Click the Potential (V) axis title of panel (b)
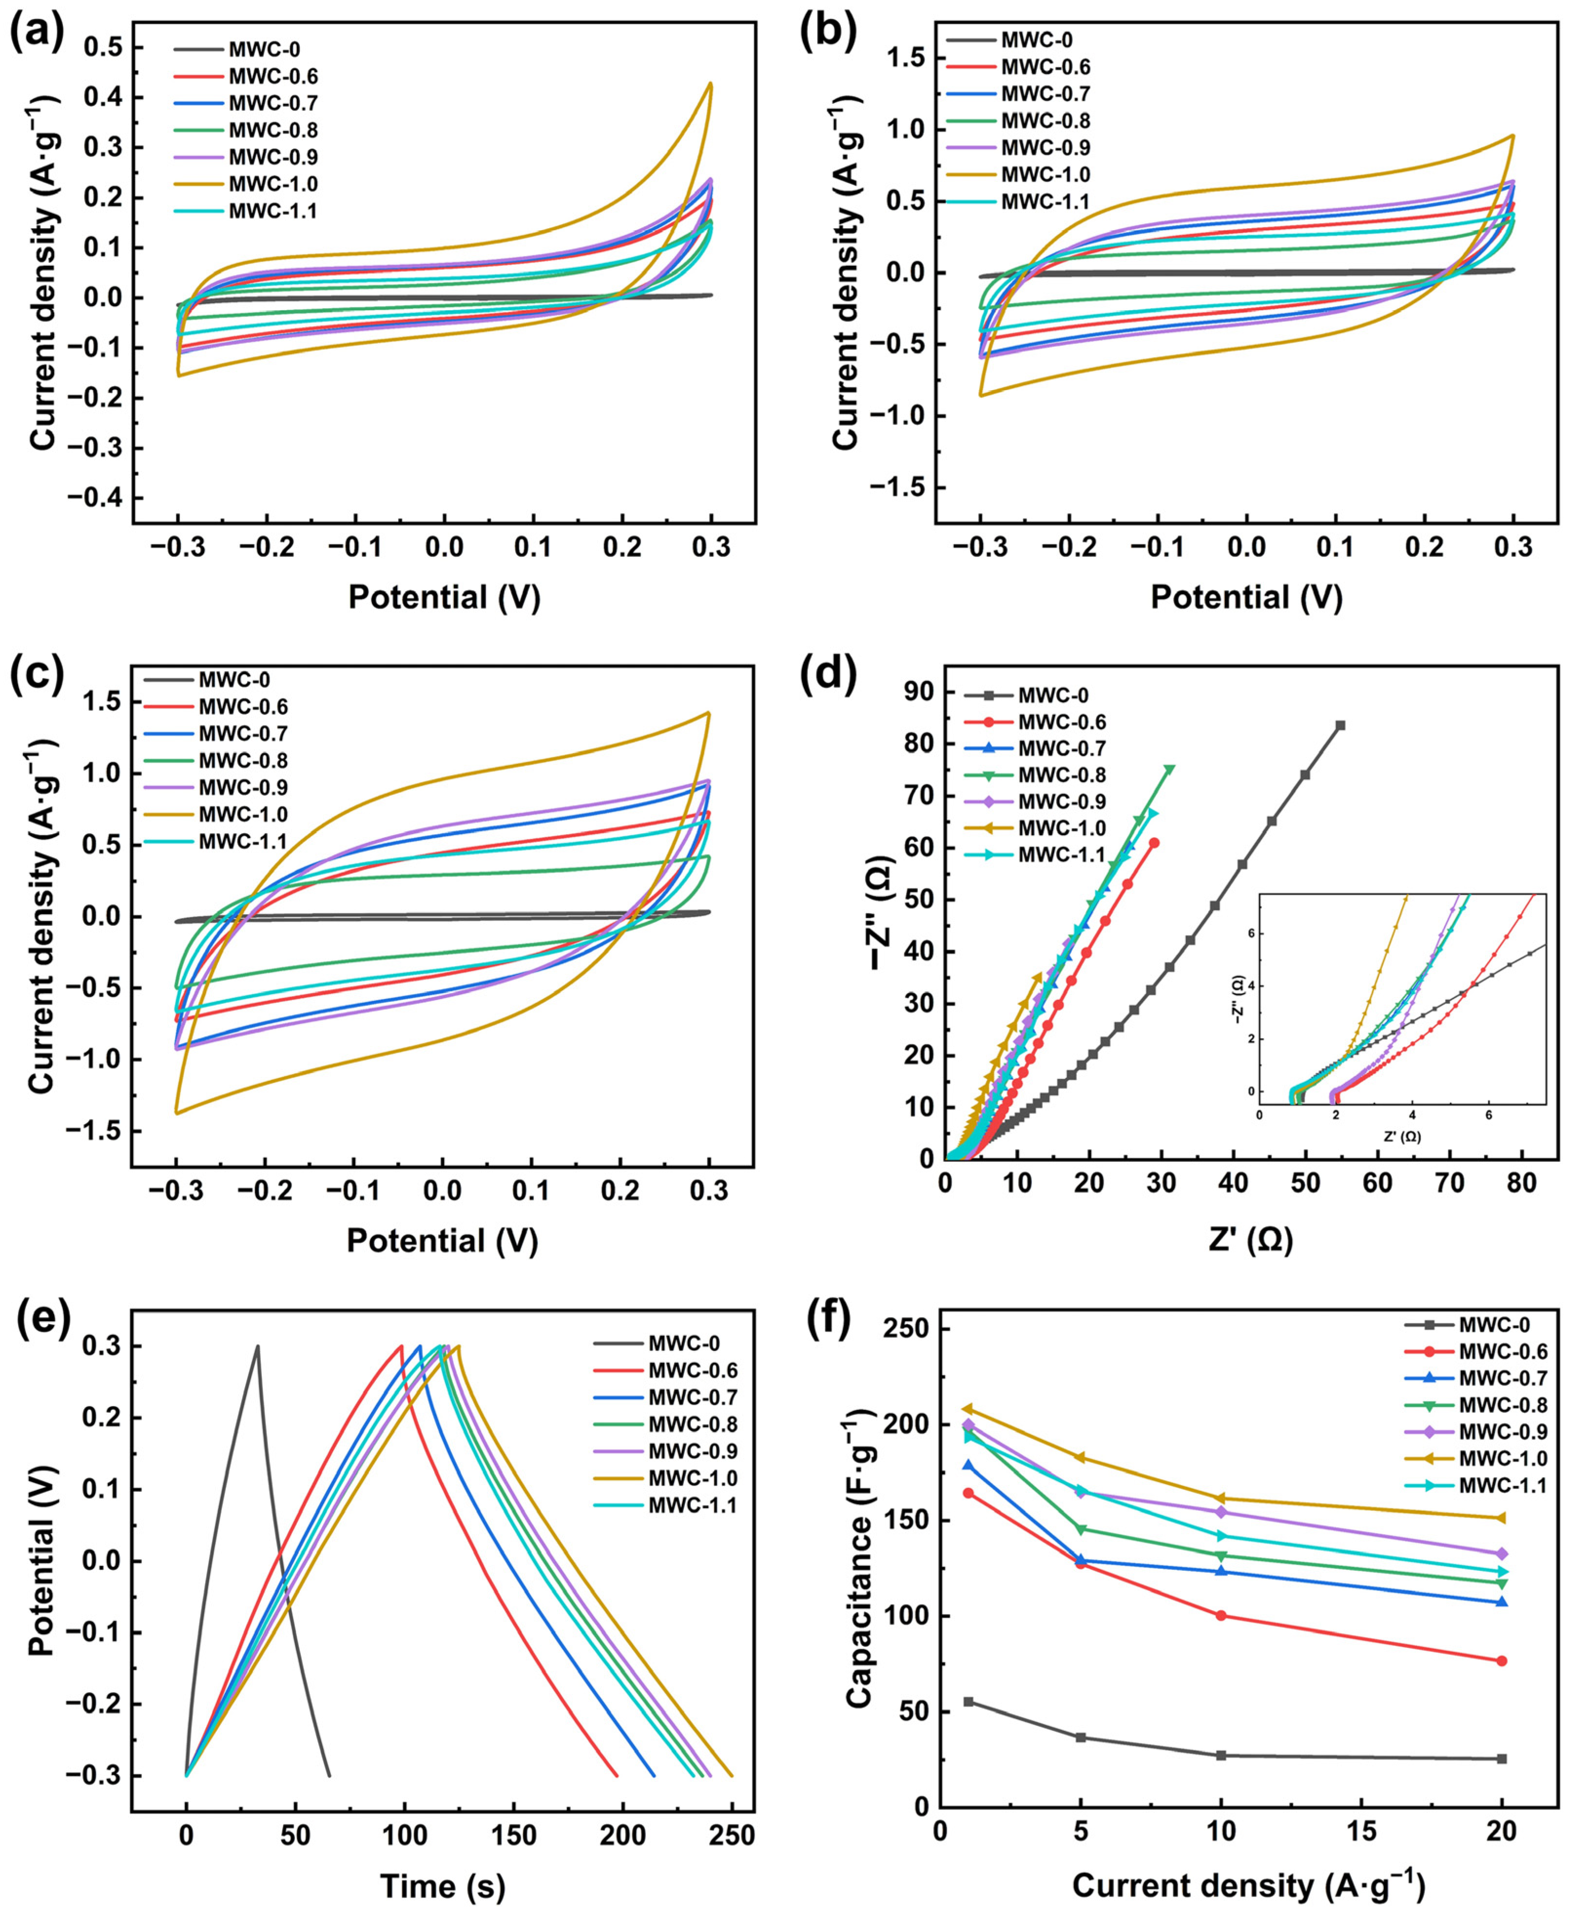[x=1246, y=598]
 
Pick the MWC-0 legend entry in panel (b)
[x=1032, y=40]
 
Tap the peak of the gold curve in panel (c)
[x=708, y=713]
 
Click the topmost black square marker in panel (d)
[x=1340, y=725]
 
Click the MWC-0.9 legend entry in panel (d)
[x=1061, y=801]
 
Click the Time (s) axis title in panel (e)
[x=442, y=1887]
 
